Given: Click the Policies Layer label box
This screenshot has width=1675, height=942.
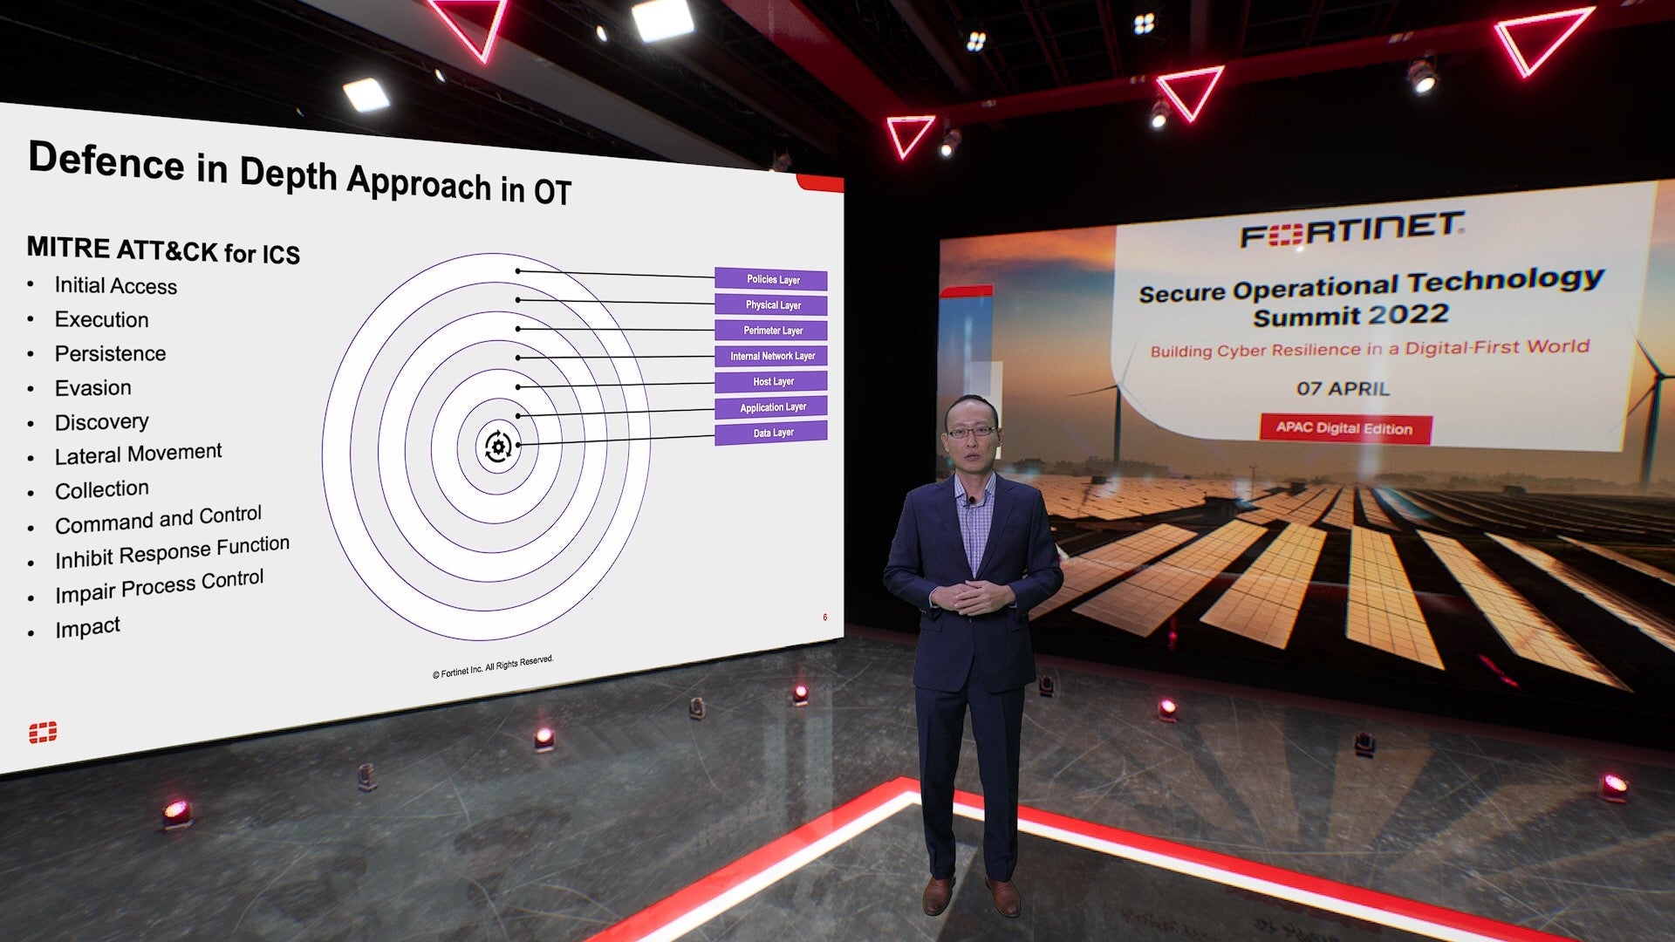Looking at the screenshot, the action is [771, 279].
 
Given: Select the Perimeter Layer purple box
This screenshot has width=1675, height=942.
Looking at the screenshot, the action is [771, 331].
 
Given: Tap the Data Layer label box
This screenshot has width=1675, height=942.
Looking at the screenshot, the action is [771, 433].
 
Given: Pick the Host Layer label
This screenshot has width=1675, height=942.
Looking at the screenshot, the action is [771, 381].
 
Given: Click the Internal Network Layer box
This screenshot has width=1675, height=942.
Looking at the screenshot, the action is [771, 356].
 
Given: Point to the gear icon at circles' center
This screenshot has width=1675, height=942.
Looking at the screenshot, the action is [498, 447].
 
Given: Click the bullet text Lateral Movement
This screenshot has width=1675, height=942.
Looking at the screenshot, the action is [138, 454].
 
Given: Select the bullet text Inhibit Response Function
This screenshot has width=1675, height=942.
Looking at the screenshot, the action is [172, 553].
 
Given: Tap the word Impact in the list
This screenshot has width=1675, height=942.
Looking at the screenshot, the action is [87, 628].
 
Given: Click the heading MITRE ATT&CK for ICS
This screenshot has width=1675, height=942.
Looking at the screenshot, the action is [163, 250].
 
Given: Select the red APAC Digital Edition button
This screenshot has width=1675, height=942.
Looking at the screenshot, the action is [1344, 428].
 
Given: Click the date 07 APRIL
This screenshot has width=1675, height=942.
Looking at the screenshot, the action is [1343, 388].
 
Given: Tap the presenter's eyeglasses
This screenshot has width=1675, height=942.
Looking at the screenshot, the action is [970, 431].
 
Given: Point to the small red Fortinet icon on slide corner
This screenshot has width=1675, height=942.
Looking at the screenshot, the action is [43, 733].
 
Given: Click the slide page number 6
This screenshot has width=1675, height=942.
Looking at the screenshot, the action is [824, 618].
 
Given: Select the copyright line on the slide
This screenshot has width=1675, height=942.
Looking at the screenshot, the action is [493, 666].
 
